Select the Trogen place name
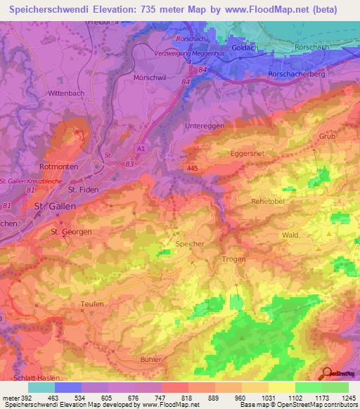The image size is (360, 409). (233, 259)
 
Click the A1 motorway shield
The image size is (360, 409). (141, 149)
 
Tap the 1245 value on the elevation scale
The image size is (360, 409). (347, 398)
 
